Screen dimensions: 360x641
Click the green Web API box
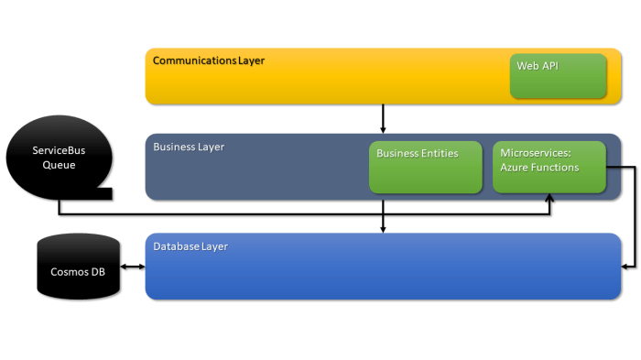point(558,75)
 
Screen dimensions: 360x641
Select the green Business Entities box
point(425,167)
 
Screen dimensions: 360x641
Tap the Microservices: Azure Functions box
point(549,167)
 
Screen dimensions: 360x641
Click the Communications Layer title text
point(209,60)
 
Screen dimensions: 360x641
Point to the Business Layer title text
point(189,147)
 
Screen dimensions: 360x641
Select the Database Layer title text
point(190,246)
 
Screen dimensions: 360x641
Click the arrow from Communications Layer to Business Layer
point(383,118)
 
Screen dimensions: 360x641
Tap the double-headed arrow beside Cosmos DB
point(133,267)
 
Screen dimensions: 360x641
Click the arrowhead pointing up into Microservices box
point(549,198)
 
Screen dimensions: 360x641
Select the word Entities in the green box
point(436,153)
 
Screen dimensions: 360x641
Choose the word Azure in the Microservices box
point(515,168)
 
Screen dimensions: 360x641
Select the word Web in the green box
point(527,66)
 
